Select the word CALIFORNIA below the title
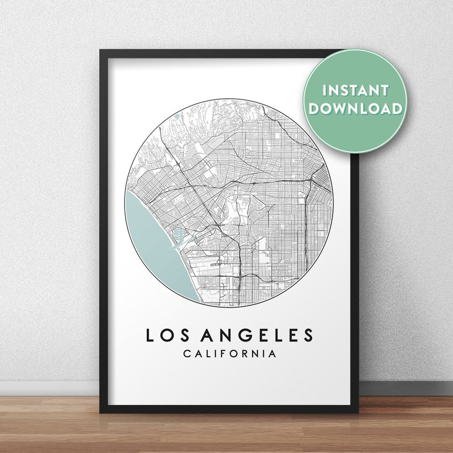click(229, 354)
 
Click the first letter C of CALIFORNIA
click(186, 354)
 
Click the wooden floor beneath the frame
click(226, 432)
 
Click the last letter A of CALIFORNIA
click(273, 354)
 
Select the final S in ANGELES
click(308, 335)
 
